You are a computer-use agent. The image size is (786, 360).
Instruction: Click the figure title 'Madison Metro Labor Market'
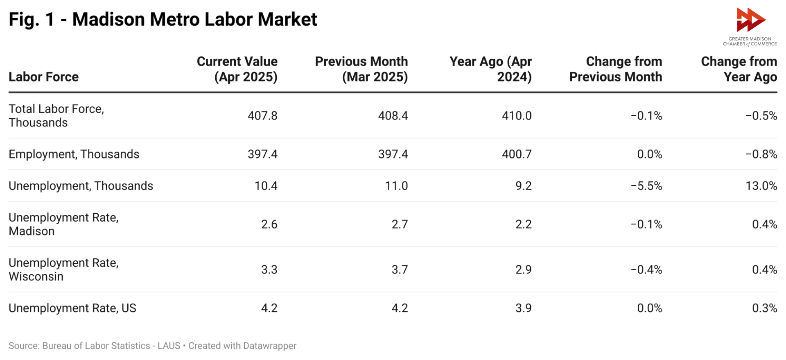(194, 19)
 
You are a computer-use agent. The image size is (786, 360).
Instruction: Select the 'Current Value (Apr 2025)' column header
(237, 69)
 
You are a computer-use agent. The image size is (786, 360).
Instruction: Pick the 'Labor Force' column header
(43, 77)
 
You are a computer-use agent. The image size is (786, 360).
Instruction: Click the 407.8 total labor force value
(262, 115)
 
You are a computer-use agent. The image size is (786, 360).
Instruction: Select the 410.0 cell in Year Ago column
(517, 115)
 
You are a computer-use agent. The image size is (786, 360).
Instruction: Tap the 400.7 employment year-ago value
(517, 154)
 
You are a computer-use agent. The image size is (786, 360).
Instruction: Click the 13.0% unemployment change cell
(761, 186)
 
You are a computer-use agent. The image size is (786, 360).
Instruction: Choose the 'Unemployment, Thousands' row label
(81, 186)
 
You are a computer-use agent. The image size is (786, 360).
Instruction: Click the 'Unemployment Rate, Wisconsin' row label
(63, 269)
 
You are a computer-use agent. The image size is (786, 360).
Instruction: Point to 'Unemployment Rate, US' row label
(72, 308)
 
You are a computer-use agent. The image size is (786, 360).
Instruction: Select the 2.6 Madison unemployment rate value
(269, 224)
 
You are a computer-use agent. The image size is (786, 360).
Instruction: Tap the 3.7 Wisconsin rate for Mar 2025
(400, 269)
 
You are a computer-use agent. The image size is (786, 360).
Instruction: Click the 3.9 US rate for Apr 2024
(523, 308)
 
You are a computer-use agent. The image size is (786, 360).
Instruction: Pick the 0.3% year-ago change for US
(764, 308)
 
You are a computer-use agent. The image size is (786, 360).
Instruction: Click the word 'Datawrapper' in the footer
(269, 346)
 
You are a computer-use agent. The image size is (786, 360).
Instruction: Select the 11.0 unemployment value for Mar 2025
(396, 186)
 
